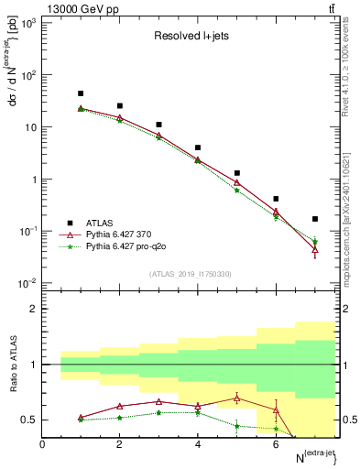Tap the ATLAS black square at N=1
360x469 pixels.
81,93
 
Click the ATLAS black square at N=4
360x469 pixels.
198,147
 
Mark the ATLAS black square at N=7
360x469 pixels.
315,219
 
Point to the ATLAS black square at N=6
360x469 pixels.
276,199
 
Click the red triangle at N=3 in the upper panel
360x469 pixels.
158,136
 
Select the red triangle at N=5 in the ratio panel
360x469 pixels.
236,398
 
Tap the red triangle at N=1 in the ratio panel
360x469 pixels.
81,417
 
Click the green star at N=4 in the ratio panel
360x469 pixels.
198,413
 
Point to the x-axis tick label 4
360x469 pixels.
198,444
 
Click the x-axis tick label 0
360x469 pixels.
42,444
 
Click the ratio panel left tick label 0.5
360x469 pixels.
29,420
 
